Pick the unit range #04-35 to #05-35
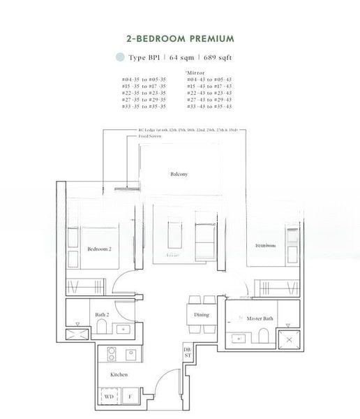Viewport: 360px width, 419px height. tap(144, 80)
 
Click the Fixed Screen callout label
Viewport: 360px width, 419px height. tap(140, 137)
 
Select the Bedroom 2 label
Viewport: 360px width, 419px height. tap(100, 249)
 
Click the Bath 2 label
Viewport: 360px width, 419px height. tap(102, 315)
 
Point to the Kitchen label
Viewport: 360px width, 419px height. tap(119, 375)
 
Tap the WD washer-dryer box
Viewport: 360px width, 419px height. tap(109, 397)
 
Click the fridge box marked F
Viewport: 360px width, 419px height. tap(131, 397)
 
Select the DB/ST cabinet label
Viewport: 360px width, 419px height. tap(187, 352)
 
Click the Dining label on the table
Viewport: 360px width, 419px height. tap(201, 315)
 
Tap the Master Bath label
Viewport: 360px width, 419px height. tap(260, 319)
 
